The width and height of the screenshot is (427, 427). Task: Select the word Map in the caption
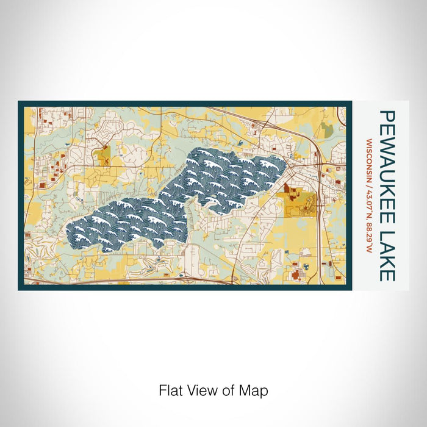tap(255, 390)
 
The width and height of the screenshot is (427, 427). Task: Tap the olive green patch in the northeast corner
tap(328, 129)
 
